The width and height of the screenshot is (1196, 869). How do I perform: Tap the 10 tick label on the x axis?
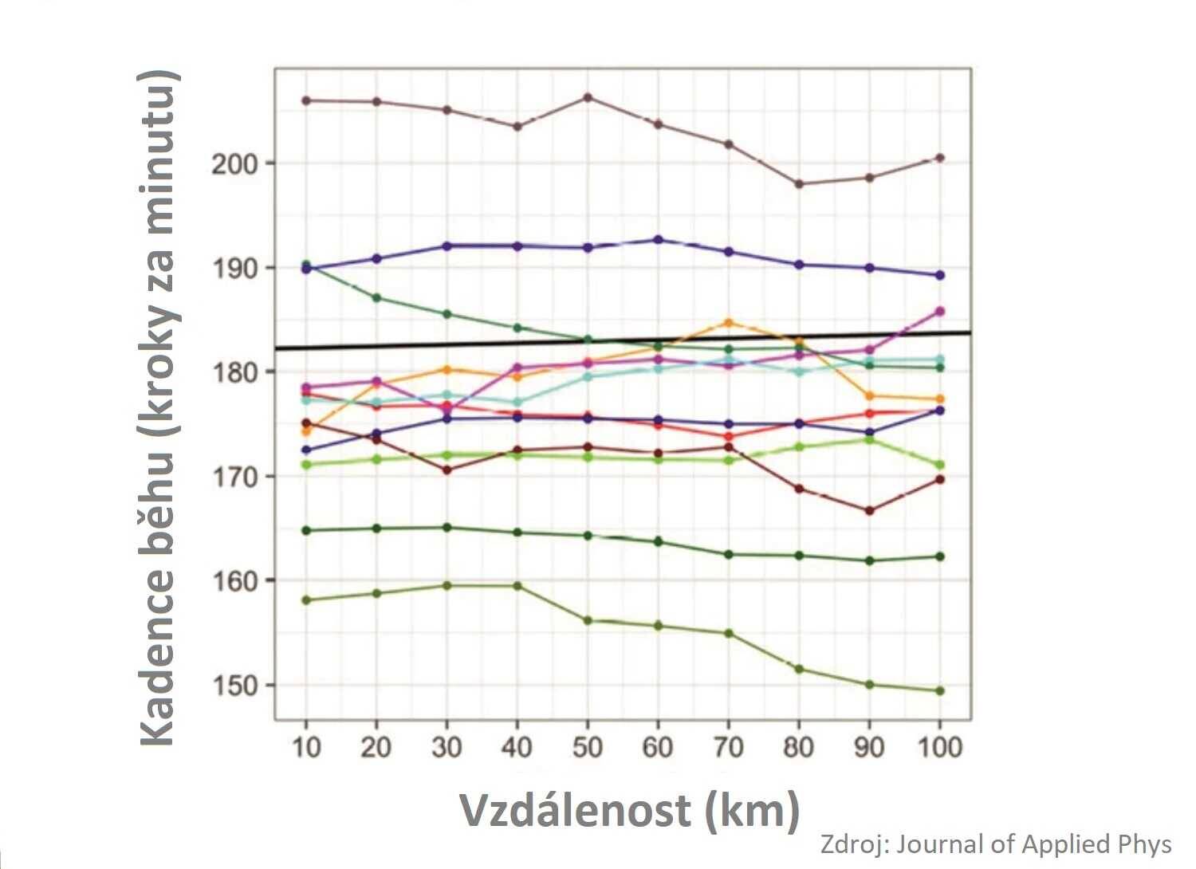click(x=306, y=747)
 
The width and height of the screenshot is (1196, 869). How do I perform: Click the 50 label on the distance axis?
click(x=587, y=747)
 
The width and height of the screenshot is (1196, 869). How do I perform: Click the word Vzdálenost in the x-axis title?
click(x=575, y=811)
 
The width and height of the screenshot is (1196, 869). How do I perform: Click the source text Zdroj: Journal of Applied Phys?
click(x=996, y=844)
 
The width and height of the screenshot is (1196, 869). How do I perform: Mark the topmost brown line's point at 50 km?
click(x=588, y=97)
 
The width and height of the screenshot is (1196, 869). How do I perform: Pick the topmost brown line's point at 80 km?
click(x=799, y=184)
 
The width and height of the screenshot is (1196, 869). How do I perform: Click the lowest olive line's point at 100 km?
click(x=939, y=691)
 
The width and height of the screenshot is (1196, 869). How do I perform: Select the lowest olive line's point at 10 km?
click(x=306, y=600)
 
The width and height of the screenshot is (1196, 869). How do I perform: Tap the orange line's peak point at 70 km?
click(x=728, y=323)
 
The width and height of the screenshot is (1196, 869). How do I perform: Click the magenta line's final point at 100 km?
click(x=939, y=312)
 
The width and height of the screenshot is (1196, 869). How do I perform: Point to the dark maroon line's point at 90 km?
click(x=869, y=511)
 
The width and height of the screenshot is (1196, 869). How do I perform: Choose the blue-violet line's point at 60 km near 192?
click(x=658, y=240)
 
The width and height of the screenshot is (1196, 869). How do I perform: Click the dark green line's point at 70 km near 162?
click(x=728, y=554)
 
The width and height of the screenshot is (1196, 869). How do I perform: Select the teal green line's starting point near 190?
click(x=306, y=265)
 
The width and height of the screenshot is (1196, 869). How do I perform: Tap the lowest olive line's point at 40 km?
click(x=517, y=586)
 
